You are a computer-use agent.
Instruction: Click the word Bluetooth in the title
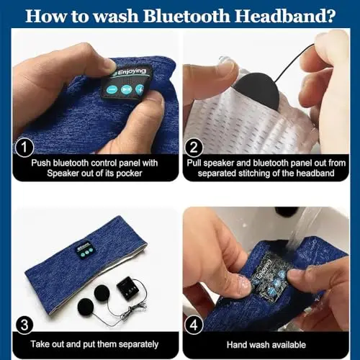point(186,16)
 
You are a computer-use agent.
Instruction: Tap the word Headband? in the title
point(284,16)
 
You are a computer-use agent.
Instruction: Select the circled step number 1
point(24,148)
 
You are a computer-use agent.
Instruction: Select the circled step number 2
point(194,148)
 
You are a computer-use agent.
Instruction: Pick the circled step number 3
point(24,325)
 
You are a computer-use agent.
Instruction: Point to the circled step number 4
point(194,325)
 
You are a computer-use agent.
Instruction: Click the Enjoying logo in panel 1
point(131,72)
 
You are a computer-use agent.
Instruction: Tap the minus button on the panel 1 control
point(112,90)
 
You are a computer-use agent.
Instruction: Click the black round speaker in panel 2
point(258,91)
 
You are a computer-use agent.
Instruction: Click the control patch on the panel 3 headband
point(85,249)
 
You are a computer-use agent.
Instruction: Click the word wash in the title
point(116,16)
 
